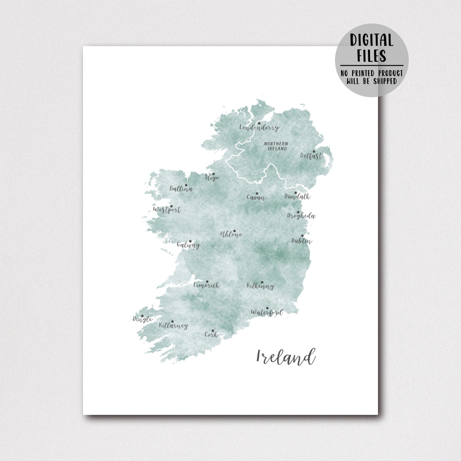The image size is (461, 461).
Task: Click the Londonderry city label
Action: pos(259,127)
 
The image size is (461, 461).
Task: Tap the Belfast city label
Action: pos(311,156)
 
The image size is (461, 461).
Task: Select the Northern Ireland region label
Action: pos(276,146)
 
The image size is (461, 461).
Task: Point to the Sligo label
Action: pos(212,177)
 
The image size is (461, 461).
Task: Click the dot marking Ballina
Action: pos(186,185)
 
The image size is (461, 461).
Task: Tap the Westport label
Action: pos(167,210)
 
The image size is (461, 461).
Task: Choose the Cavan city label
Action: pos(256,197)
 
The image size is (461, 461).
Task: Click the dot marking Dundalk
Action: pos(296,193)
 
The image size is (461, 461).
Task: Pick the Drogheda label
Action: pos(301,216)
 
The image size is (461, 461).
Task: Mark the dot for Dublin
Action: pos(302,236)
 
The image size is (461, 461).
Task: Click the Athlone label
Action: pos(231,234)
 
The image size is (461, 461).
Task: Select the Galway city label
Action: pos(188,245)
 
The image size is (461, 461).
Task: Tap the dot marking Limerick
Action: pos(207,282)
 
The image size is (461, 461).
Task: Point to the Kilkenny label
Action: pos(260,286)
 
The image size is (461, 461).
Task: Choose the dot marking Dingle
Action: pos(142,316)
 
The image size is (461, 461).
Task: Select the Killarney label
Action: pos(174,325)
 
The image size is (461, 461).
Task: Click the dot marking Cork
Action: pos(213,331)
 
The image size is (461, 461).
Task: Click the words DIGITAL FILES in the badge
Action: pos(372,48)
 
